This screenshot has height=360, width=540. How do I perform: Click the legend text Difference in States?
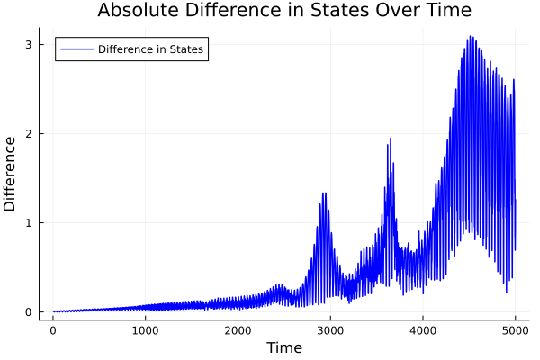tap(151, 49)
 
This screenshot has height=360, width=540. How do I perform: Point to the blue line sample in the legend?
tap(76, 49)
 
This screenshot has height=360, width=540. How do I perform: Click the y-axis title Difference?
tap(11, 174)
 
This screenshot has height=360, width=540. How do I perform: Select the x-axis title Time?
tap(284, 347)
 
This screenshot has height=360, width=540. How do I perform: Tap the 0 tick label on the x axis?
tap(53, 330)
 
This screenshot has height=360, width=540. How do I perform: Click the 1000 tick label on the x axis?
tap(146, 330)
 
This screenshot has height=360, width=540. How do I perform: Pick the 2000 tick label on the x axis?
tap(238, 330)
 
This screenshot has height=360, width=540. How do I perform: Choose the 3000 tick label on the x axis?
tap(330, 330)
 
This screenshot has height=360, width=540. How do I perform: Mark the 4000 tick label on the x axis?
tap(423, 330)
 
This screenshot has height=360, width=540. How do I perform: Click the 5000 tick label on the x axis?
tap(516, 330)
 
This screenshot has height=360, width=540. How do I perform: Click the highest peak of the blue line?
tap(470, 37)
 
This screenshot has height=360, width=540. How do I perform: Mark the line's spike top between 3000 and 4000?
tap(391, 139)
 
